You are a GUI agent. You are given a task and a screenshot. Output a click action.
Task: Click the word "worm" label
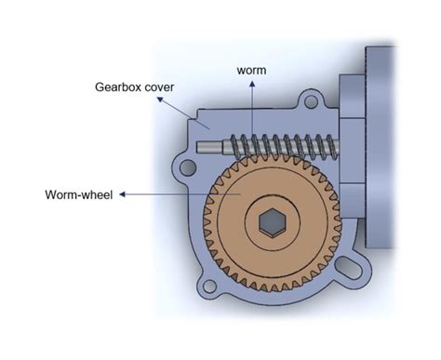251,71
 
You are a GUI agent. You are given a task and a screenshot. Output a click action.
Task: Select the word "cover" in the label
159,87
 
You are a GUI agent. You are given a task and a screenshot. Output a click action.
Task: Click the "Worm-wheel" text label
79,194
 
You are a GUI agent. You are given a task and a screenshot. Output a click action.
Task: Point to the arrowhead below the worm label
252,84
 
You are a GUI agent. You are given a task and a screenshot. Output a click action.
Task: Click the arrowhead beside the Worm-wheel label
122,194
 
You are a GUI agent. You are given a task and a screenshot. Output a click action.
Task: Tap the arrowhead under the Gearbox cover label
160,100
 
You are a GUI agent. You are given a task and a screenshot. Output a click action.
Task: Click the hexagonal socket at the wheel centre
272,222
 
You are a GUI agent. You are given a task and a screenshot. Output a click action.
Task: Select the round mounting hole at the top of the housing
311,101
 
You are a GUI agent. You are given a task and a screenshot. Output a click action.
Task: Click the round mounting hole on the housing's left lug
188,167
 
